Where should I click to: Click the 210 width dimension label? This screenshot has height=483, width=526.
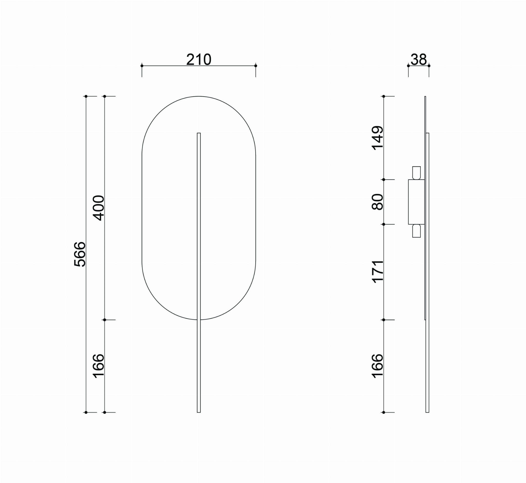[199, 60]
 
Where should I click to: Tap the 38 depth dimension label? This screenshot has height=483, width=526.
[418, 60]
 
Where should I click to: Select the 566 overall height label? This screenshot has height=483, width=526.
[80, 254]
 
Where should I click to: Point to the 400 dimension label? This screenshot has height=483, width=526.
[98, 208]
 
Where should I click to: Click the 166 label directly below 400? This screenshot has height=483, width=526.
[98, 366]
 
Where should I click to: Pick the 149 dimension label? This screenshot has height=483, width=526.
[378, 138]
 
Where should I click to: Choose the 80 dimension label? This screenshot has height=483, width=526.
[378, 202]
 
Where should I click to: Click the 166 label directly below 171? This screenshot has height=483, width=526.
[378, 366]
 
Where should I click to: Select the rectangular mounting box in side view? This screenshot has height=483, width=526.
[416, 202]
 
